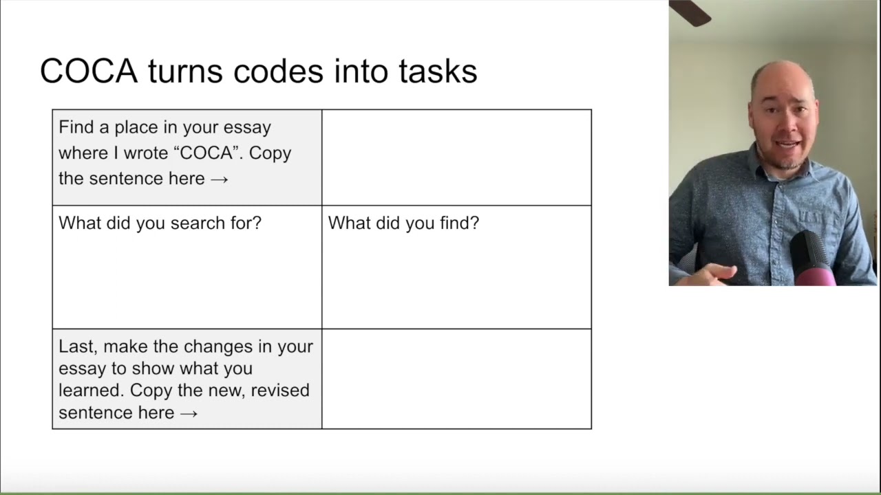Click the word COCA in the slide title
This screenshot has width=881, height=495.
[89, 71]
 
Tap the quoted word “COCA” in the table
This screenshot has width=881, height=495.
[205, 153]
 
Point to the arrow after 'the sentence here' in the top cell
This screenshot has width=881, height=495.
[220, 179]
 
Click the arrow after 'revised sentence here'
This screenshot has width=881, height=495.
[189, 413]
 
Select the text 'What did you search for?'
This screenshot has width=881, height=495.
[160, 223]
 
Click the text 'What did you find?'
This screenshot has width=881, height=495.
[403, 223]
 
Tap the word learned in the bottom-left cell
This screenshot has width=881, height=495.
[91, 390]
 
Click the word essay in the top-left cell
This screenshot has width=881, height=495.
[248, 128]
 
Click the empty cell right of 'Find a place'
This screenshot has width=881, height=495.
[456, 157]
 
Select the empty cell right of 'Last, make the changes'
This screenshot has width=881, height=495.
[456, 379]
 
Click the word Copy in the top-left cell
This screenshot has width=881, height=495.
[270, 153]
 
